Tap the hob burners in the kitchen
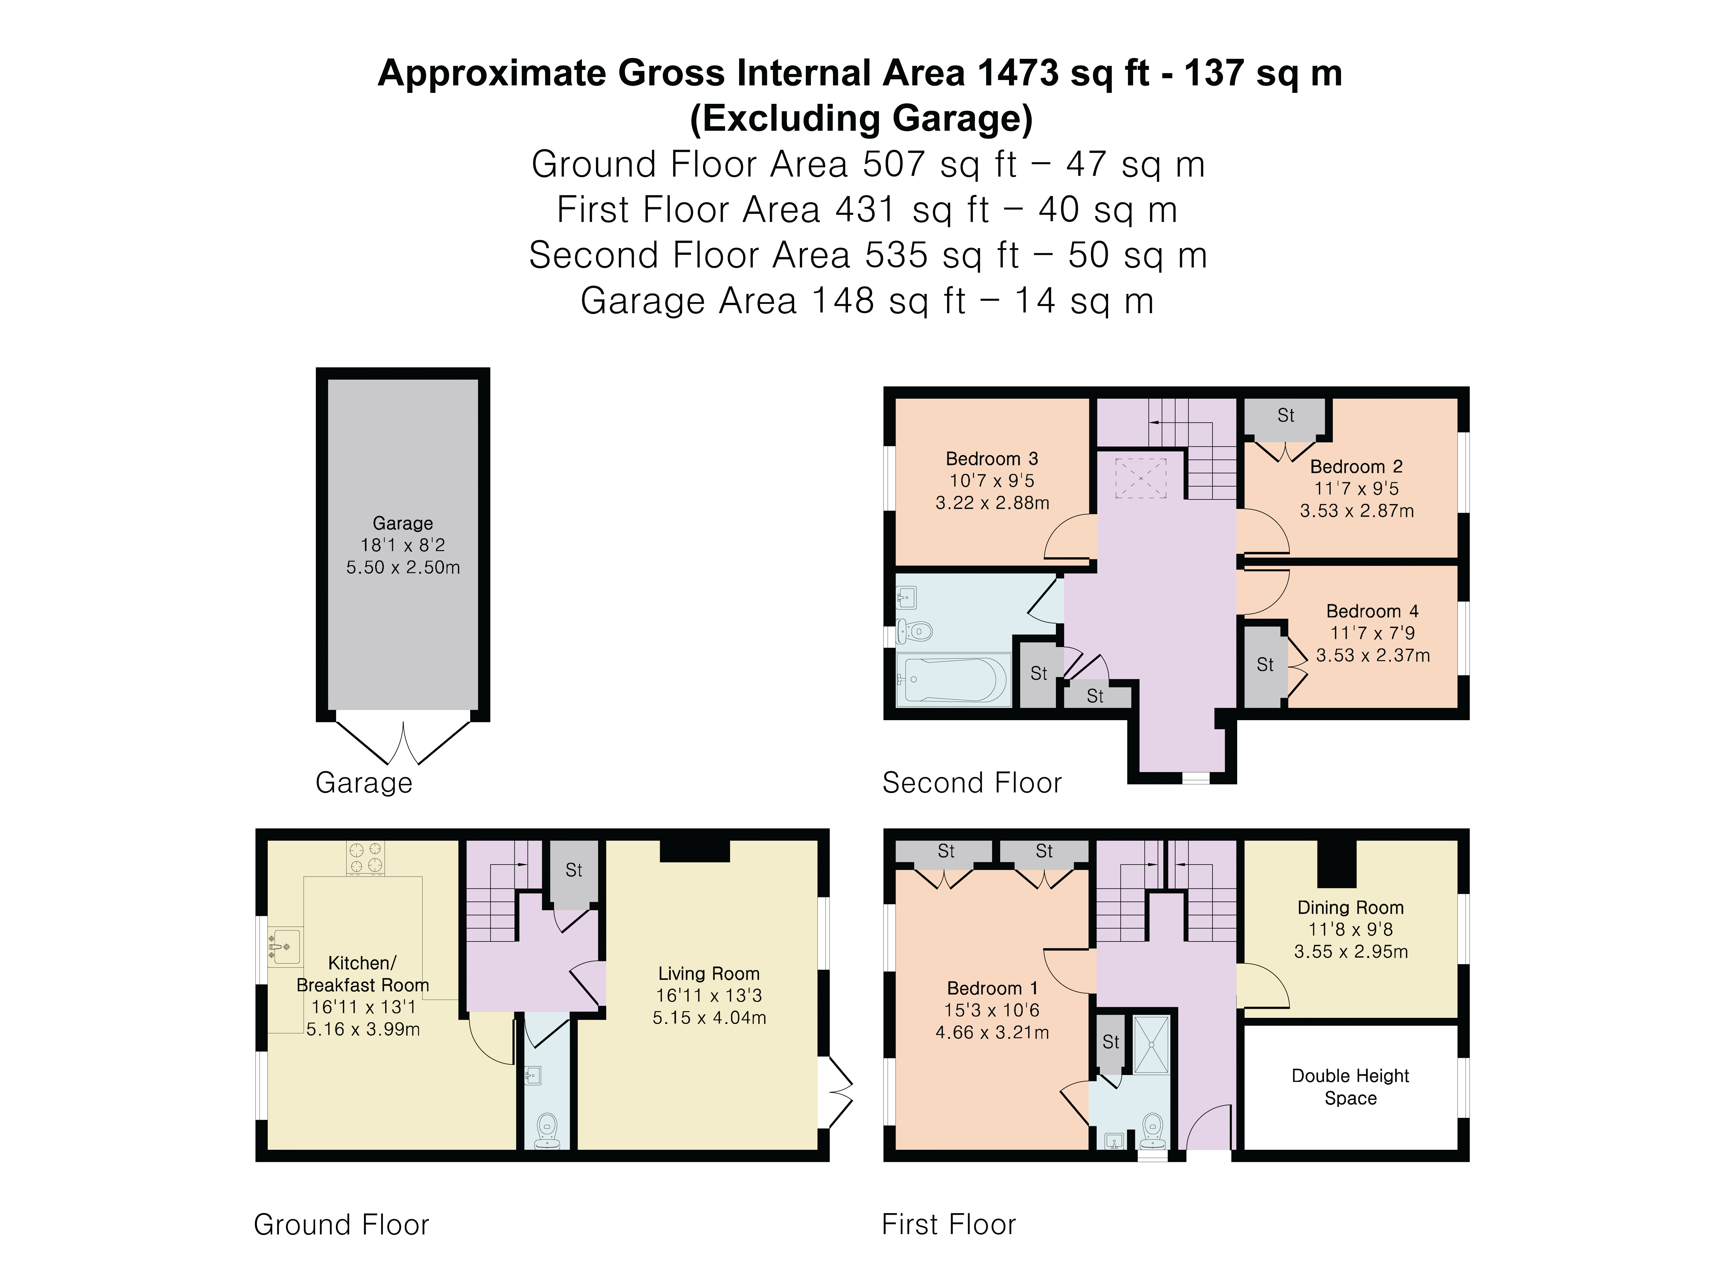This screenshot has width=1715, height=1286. pyautogui.click(x=365, y=858)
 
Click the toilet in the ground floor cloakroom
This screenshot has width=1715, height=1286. pyautogui.click(x=547, y=1130)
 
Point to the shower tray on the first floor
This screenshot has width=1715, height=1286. pyautogui.click(x=1151, y=1044)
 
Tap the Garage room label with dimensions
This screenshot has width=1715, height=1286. pyautogui.click(x=403, y=545)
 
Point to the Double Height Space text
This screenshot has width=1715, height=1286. pyautogui.click(x=1351, y=1087)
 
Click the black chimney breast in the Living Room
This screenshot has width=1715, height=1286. pyautogui.click(x=695, y=851)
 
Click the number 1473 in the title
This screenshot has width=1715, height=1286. pyautogui.click(x=1018, y=73)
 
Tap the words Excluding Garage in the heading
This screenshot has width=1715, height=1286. pyautogui.click(x=861, y=119)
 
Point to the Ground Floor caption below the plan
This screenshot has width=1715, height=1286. pyautogui.click(x=341, y=1225)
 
